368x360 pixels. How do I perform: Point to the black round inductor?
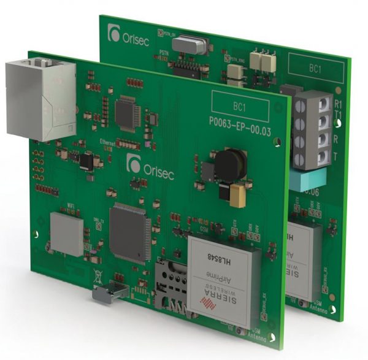[x=229, y=163]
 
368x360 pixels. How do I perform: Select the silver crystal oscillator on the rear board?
[x=187, y=44]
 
